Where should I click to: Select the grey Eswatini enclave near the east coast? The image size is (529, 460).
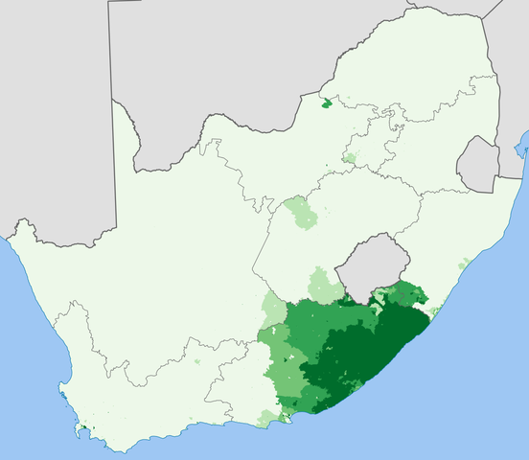coord(477,162)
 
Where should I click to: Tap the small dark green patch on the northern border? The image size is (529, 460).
coord(329,102)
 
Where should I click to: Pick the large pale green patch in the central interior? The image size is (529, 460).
coord(301,212)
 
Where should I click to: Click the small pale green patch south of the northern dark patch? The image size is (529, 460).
coord(350,156)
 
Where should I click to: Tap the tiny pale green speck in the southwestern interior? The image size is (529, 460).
coord(198,363)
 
